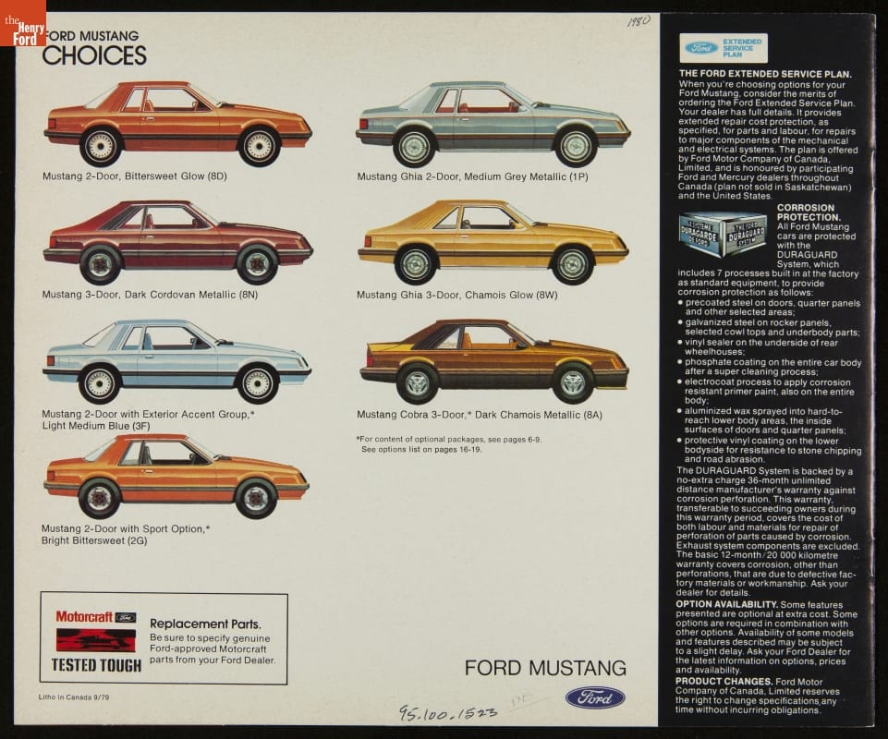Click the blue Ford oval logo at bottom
pos(595,697)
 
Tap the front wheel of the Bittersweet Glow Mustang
pos(260,146)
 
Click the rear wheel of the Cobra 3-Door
pos(417,382)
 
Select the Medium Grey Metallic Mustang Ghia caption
pos(472,176)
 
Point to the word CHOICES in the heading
pos(94,55)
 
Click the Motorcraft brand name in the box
pos(85,616)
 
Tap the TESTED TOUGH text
pos(96,664)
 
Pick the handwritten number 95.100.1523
pos(448,712)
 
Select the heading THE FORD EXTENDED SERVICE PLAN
pos(765,73)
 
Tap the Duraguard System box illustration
pos(723,234)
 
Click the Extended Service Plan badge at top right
pos(724,47)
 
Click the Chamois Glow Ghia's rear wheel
pos(416,264)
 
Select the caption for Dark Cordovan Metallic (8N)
pos(150,294)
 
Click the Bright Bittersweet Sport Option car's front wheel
pos(256,498)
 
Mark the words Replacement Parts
pos(205,624)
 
